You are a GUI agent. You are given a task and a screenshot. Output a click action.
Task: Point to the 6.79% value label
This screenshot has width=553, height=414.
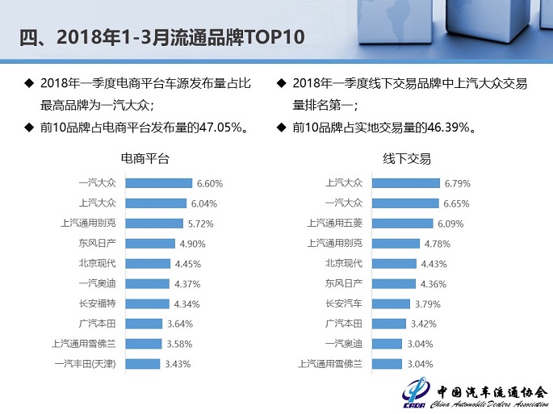pyautogui.click(x=457, y=183)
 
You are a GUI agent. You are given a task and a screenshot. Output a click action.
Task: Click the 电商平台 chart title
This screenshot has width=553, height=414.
pyautogui.click(x=145, y=159)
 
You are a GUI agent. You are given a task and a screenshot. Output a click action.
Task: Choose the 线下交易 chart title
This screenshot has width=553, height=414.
pyautogui.click(x=407, y=159)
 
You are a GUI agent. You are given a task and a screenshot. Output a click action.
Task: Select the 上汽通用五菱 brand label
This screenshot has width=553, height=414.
pyautogui.click(x=335, y=224)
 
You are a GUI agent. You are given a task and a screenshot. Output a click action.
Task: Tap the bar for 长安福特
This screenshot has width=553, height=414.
pyautogui.click(x=148, y=303)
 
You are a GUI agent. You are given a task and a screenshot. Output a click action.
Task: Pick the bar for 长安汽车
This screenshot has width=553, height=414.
pyautogui.click(x=387, y=303)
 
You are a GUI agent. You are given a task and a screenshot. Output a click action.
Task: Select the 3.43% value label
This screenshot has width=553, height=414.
pyautogui.click(x=178, y=364)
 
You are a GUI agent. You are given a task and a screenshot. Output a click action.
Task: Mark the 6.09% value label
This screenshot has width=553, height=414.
pyautogui.click(x=451, y=224)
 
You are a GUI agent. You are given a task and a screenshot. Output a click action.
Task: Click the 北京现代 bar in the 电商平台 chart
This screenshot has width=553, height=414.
pyautogui.click(x=148, y=263)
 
